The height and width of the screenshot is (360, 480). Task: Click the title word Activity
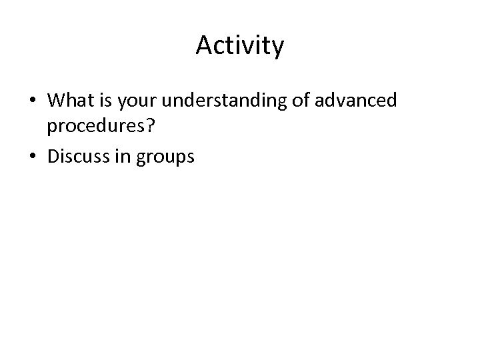pos(240,46)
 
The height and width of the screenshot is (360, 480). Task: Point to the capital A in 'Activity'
pos(204,45)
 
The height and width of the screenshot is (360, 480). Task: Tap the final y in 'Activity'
pos(278,48)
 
